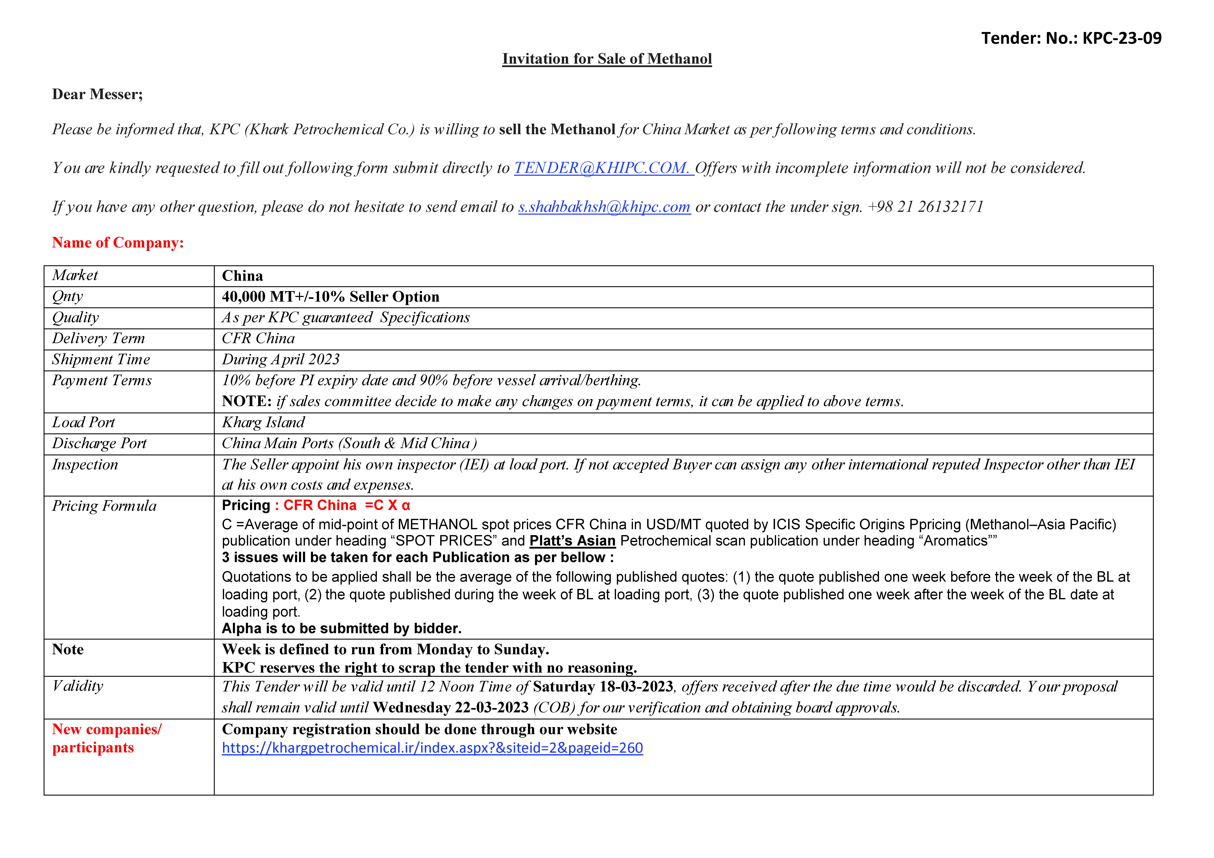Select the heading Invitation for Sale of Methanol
(606, 59)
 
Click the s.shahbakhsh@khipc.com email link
(604, 207)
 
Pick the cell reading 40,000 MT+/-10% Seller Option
(330, 297)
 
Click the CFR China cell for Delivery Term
(258, 338)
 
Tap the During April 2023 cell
(280, 360)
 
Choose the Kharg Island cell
(263, 422)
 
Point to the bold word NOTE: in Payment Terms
(246, 401)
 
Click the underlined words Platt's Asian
(572, 541)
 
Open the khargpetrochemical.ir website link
(432, 748)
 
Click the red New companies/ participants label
(106, 738)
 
